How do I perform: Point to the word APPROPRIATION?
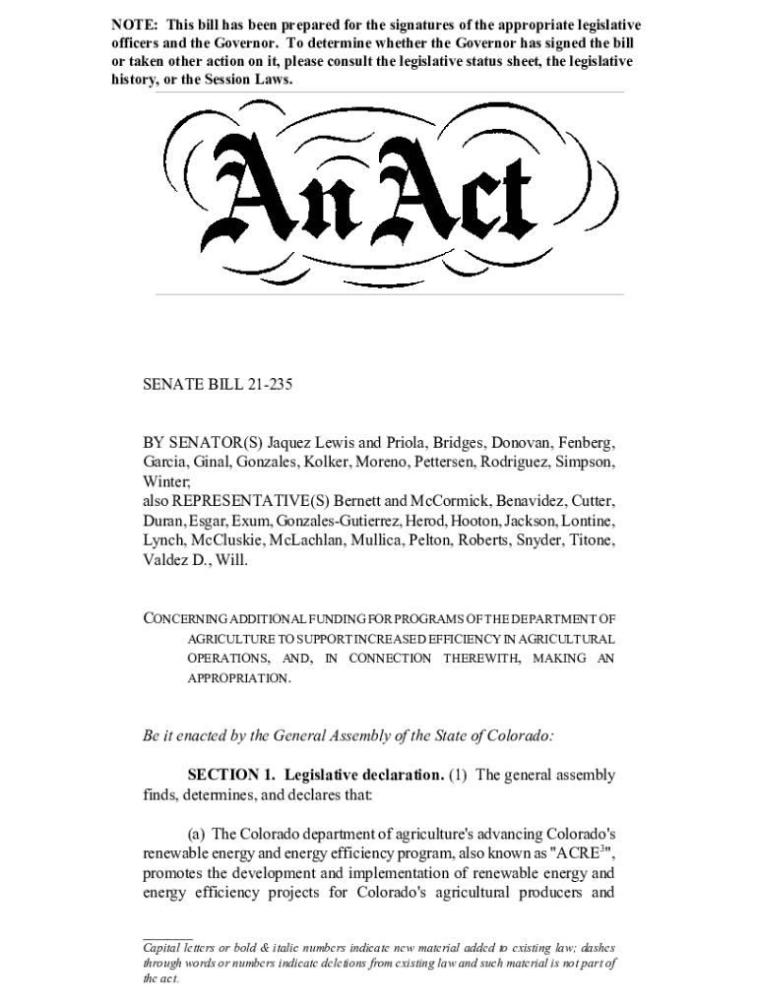(238, 679)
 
